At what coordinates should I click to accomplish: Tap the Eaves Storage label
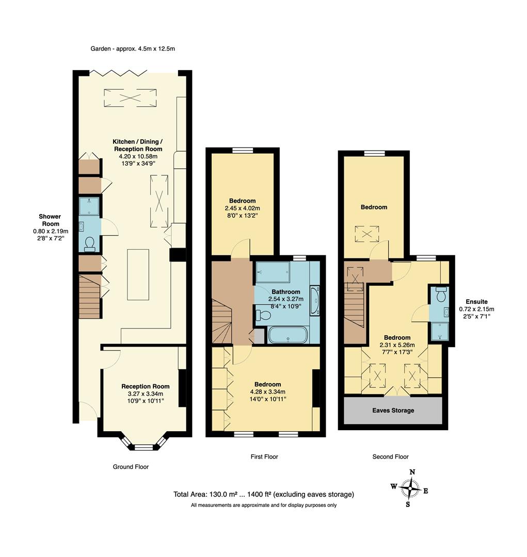(x=393, y=411)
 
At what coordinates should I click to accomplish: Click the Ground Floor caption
(x=131, y=467)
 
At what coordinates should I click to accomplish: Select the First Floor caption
(x=264, y=456)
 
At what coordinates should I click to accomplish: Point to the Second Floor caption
(x=390, y=456)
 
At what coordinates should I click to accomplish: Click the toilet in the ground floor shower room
(x=90, y=243)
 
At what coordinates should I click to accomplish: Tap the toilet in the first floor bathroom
(x=263, y=315)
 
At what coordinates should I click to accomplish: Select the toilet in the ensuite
(x=440, y=296)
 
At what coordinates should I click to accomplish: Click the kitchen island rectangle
(x=138, y=274)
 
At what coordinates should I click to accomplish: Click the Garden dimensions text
(x=133, y=48)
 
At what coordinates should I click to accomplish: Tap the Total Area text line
(x=263, y=494)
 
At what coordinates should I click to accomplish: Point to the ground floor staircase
(x=89, y=297)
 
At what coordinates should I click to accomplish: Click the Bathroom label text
(x=286, y=291)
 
